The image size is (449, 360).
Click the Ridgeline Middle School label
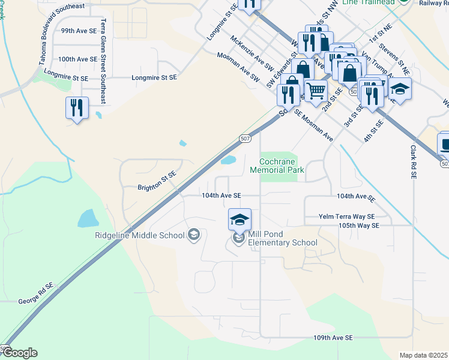coord(140,235)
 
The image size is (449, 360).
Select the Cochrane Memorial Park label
coord(282,166)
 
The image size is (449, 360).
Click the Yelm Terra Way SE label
coord(347,217)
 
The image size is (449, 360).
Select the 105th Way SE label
coord(359,225)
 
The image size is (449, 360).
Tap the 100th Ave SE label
coord(77,59)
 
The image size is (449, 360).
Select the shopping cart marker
coord(316,91)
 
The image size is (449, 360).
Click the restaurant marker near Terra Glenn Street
coord(77,108)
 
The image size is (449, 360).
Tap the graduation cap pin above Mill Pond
coord(240,219)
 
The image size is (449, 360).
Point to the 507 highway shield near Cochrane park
coord(244,139)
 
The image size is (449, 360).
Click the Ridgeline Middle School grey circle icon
coord(193,234)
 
